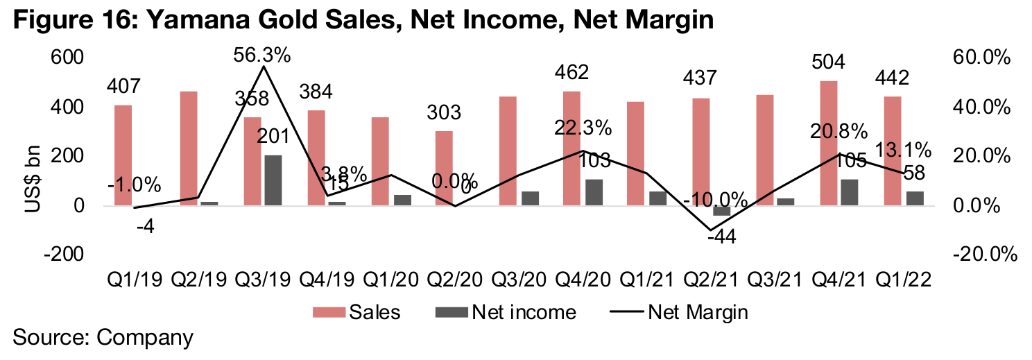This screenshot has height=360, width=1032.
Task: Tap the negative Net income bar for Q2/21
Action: click(x=721, y=211)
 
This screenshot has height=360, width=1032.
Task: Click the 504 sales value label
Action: click(x=829, y=62)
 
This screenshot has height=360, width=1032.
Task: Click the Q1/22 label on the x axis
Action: click(x=902, y=280)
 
